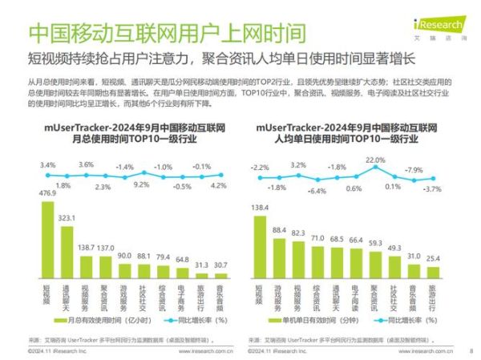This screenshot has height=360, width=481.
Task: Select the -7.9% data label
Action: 413,169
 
